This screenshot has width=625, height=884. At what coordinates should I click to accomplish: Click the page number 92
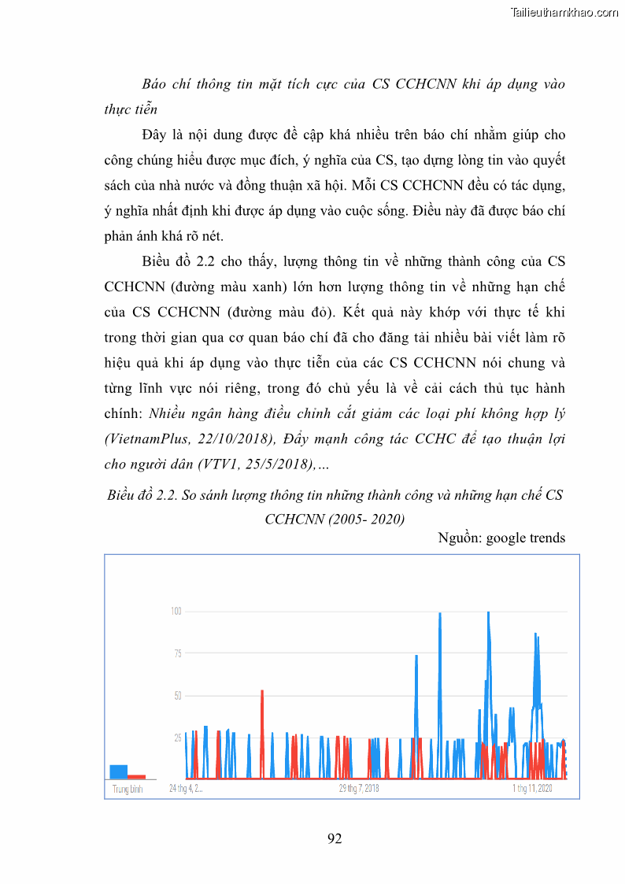335,838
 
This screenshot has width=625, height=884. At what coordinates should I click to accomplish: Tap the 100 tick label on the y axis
176,611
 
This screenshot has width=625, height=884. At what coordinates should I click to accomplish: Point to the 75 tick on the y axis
177,653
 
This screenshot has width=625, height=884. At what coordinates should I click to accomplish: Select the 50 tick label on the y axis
177,696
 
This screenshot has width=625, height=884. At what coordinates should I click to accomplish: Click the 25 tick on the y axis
177,738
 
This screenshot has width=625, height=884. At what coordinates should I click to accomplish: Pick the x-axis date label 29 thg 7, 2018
359,788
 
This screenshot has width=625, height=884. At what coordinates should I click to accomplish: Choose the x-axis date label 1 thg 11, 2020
533,788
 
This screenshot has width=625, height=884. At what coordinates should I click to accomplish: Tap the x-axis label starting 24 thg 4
187,788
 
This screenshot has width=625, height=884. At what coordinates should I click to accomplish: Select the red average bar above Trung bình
137,776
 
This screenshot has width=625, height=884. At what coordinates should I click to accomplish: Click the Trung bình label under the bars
128,789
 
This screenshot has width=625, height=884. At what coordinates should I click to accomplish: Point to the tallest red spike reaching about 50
262,693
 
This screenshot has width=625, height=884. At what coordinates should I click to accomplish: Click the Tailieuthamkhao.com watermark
564,13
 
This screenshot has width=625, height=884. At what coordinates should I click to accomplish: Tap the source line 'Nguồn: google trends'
501,538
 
